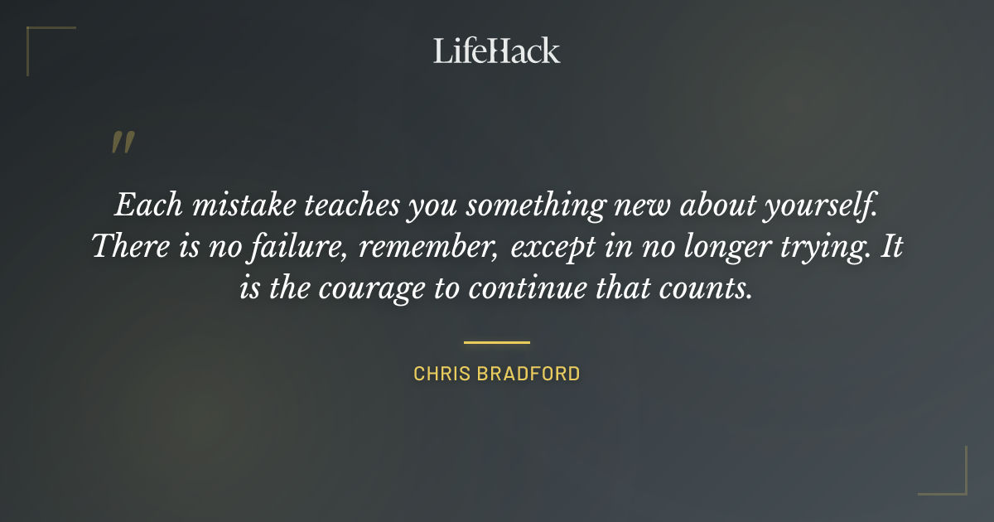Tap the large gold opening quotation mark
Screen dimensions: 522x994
tap(122, 143)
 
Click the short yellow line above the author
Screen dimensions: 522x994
tap(497, 341)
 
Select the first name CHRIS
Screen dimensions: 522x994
tap(442, 374)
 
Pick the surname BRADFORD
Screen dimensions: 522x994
tap(528, 374)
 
